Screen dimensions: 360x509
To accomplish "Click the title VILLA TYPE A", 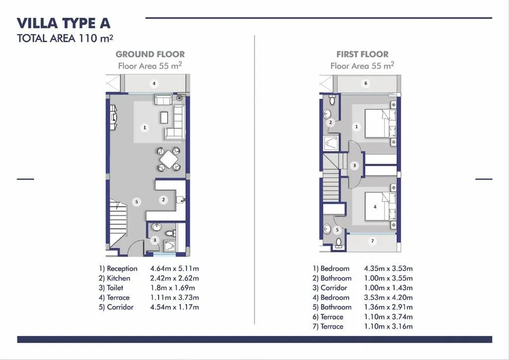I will click(x=64, y=23).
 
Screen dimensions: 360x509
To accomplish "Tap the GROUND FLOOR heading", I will click(x=150, y=54).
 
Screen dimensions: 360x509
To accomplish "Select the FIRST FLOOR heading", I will click(x=362, y=54).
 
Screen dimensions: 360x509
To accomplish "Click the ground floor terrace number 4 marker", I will click(x=155, y=84).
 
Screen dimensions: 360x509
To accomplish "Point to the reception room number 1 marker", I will click(x=145, y=128).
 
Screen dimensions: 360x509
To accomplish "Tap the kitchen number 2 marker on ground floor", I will click(x=164, y=200).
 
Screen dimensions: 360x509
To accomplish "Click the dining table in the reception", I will click(x=169, y=159).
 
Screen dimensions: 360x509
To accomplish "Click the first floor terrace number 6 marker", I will click(x=366, y=84).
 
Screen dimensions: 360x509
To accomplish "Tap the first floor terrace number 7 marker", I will click(x=373, y=241).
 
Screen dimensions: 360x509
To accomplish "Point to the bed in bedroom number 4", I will click(x=381, y=207).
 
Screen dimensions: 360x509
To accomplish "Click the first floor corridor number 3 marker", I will click(x=354, y=166).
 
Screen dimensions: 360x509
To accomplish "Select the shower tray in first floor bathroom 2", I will click(x=331, y=144).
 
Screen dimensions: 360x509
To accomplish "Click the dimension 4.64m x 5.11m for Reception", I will click(x=174, y=269).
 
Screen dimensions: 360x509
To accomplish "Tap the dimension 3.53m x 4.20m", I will click(x=388, y=297).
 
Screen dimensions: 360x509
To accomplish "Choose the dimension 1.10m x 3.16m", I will click(x=388, y=326).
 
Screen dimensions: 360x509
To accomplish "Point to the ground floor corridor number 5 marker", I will click(x=137, y=201).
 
